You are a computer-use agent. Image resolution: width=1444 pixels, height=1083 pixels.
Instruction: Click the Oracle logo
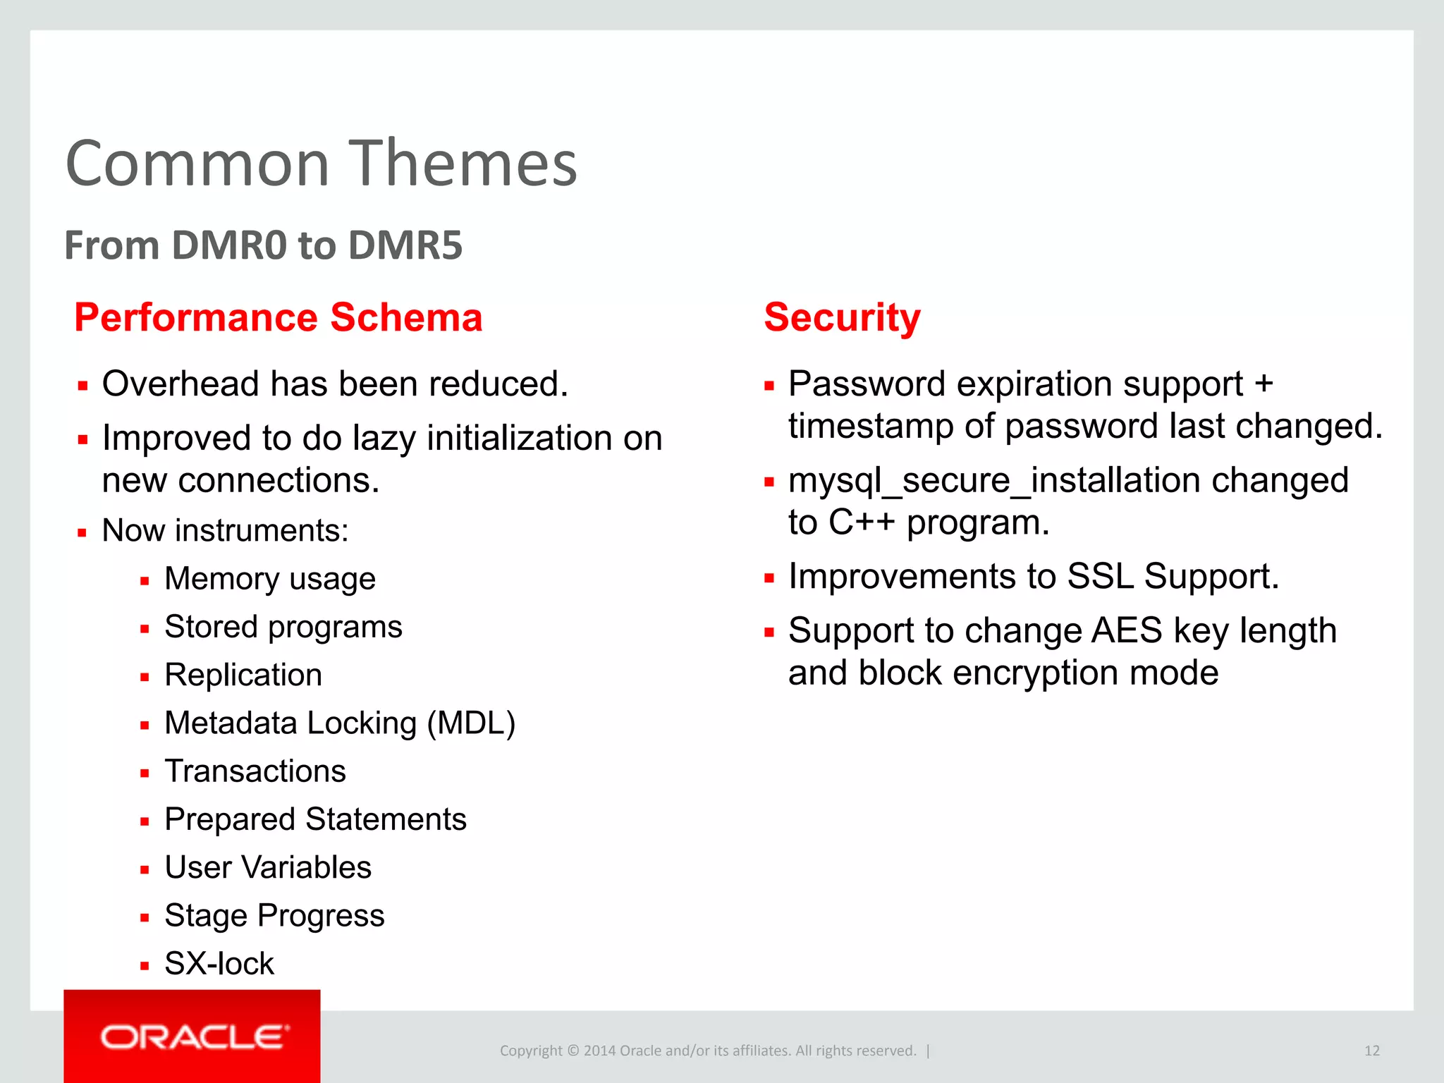coord(194,1037)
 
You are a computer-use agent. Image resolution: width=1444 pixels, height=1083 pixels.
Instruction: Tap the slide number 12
coord(1371,1051)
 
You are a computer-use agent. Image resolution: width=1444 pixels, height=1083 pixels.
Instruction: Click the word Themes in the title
coord(463,164)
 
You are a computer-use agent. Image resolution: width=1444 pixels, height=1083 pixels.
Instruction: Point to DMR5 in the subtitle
coord(405,245)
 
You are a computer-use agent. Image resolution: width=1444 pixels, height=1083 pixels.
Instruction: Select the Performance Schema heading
coord(278,317)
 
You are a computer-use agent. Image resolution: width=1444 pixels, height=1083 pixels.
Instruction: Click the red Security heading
coord(842,317)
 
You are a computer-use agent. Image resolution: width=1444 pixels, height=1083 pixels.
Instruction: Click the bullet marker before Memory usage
coord(145,582)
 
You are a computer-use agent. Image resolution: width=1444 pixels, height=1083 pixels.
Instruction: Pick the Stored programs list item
coord(283,627)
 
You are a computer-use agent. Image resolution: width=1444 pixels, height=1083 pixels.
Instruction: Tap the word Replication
coord(243,675)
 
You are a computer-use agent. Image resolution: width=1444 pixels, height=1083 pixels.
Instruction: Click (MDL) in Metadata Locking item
coord(471,723)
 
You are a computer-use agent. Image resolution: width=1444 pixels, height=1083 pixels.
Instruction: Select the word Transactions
coord(255,771)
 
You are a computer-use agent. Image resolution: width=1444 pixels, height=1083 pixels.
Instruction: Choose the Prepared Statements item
coord(315,819)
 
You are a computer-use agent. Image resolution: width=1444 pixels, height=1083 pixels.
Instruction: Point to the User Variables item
coord(268,867)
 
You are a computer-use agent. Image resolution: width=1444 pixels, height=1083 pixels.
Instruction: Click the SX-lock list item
coord(219,963)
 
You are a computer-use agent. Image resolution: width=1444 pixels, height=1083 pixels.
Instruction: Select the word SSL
coord(1100,576)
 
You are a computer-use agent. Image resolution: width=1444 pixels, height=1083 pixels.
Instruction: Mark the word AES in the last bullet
coord(1126,630)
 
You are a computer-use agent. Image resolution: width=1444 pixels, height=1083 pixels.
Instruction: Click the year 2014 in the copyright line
coord(599,1051)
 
